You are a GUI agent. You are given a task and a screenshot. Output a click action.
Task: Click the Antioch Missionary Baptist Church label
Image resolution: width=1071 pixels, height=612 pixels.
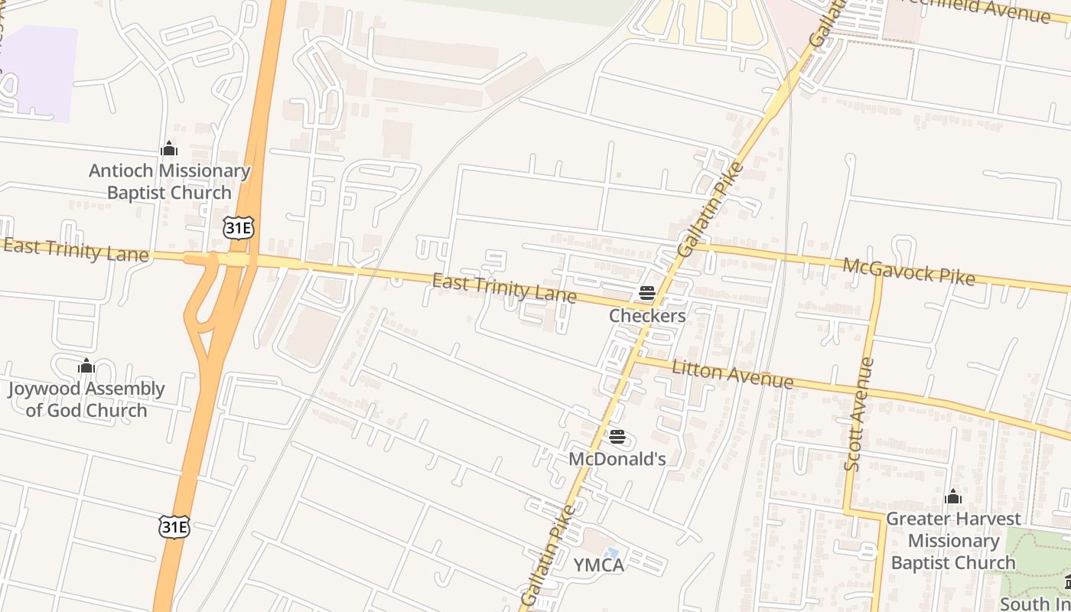click(x=169, y=182)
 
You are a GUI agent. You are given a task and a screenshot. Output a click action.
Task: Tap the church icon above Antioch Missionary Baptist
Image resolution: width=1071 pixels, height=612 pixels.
click(x=169, y=148)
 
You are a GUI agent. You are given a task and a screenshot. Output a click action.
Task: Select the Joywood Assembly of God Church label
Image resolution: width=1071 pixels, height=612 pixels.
click(x=86, y=399)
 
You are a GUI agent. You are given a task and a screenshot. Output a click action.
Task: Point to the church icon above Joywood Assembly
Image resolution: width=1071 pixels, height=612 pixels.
click(x=86, y=366)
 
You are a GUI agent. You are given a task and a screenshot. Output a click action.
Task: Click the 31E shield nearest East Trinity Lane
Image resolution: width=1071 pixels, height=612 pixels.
click(x=238, y=227)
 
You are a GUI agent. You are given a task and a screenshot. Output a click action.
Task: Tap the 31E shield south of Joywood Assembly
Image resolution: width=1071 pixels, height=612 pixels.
click(x=174, y=526)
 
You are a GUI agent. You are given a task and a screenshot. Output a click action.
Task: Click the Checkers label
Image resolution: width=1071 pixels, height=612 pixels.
click(x=647, y=315)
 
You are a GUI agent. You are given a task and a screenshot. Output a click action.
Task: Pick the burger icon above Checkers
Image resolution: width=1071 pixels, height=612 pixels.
click(x=647, y=293)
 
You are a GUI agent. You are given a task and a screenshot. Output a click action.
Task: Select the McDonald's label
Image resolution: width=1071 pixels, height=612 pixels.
click(x=617, y=459)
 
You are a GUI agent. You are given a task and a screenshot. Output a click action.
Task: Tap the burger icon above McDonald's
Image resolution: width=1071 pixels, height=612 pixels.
click(x=617, y=437)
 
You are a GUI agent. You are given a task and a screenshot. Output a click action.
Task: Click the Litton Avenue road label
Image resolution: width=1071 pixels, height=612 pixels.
click(x=732, y=375)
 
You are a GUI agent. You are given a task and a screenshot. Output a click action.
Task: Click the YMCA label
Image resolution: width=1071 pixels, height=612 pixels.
click(x=599, y=565)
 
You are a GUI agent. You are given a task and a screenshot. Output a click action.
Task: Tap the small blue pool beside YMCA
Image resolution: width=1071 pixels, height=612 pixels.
click(x=611, y=553)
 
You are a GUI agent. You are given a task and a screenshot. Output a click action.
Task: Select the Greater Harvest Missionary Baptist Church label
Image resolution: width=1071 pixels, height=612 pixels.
click(x=952, y=541)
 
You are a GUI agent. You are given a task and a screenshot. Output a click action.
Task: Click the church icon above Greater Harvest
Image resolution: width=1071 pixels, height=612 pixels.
click(x=952, y=497)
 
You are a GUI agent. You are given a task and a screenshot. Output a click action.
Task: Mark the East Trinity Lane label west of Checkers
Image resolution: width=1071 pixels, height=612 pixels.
click(x=504, y=288)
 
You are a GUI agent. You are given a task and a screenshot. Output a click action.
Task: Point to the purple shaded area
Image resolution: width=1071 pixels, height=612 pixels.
click(x=42, y=73)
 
